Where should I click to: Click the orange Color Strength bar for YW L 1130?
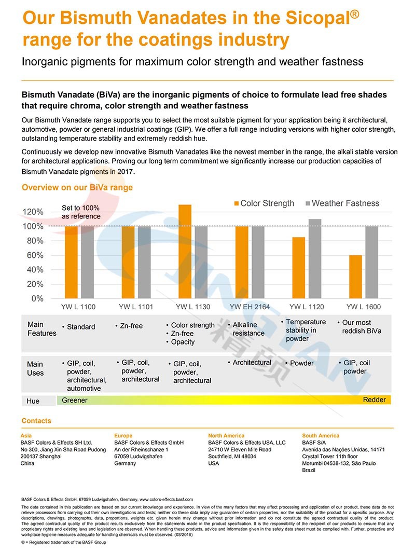pyautogui.click(x=185, y=252)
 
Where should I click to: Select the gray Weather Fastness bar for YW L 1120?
pyautogui.click(x=315, y=259)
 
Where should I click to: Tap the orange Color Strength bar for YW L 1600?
pyautogui.click(x=355, y=277)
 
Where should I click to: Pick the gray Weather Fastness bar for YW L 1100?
pyautogui.click(x=88, y=262)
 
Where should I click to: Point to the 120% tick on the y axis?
pyautogui.click(x=33, y=212)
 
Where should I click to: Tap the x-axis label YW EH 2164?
pyautogui.click(x=250, y=307)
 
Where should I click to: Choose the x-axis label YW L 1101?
pyautogui.click(x=136, y=307)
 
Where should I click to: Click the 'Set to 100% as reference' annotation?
pyautogui.click(x=80, y=212)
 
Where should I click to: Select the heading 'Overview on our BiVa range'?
pyautogui.click(x=77, y=187)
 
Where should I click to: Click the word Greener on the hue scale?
pyautogui.click(x=75, y=400)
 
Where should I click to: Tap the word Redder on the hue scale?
pyautogui.click(x=374, y=400)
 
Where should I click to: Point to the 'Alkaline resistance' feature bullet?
pyautogui.click(x=248, y=329)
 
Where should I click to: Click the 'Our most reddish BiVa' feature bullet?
pyautogui.click(x=361, y=326)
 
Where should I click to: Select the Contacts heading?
pyautogui.click(x=36, y=421)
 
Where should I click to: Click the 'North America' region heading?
pyautogui.click(x=226, y=436)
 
